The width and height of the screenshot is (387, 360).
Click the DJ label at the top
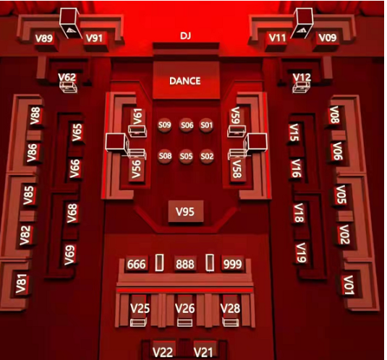(185, 36)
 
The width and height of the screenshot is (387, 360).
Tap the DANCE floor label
(185, 81)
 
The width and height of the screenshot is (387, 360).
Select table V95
(185, 212)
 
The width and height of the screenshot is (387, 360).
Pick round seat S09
(165, 125)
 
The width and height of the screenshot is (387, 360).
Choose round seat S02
(207, 156)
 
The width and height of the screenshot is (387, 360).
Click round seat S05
(186, 156)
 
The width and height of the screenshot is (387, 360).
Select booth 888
(185, 264)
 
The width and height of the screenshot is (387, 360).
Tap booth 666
(137, 264)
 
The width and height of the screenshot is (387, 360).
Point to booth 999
(232, 264)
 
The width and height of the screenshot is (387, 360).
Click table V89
(44, 38)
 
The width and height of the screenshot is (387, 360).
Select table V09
(327, 38)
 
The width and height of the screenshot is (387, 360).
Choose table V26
(185, 308)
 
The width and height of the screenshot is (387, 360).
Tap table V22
(163, 352)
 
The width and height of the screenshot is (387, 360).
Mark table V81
(22, 283)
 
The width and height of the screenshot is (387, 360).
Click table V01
(349, 285)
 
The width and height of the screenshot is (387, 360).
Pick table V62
(67, 77)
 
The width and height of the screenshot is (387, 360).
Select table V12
(302, 77)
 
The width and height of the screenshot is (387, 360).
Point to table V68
(72, 213)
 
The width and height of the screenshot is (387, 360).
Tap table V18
(299, 213)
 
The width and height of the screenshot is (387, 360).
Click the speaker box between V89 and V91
(70, 23)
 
